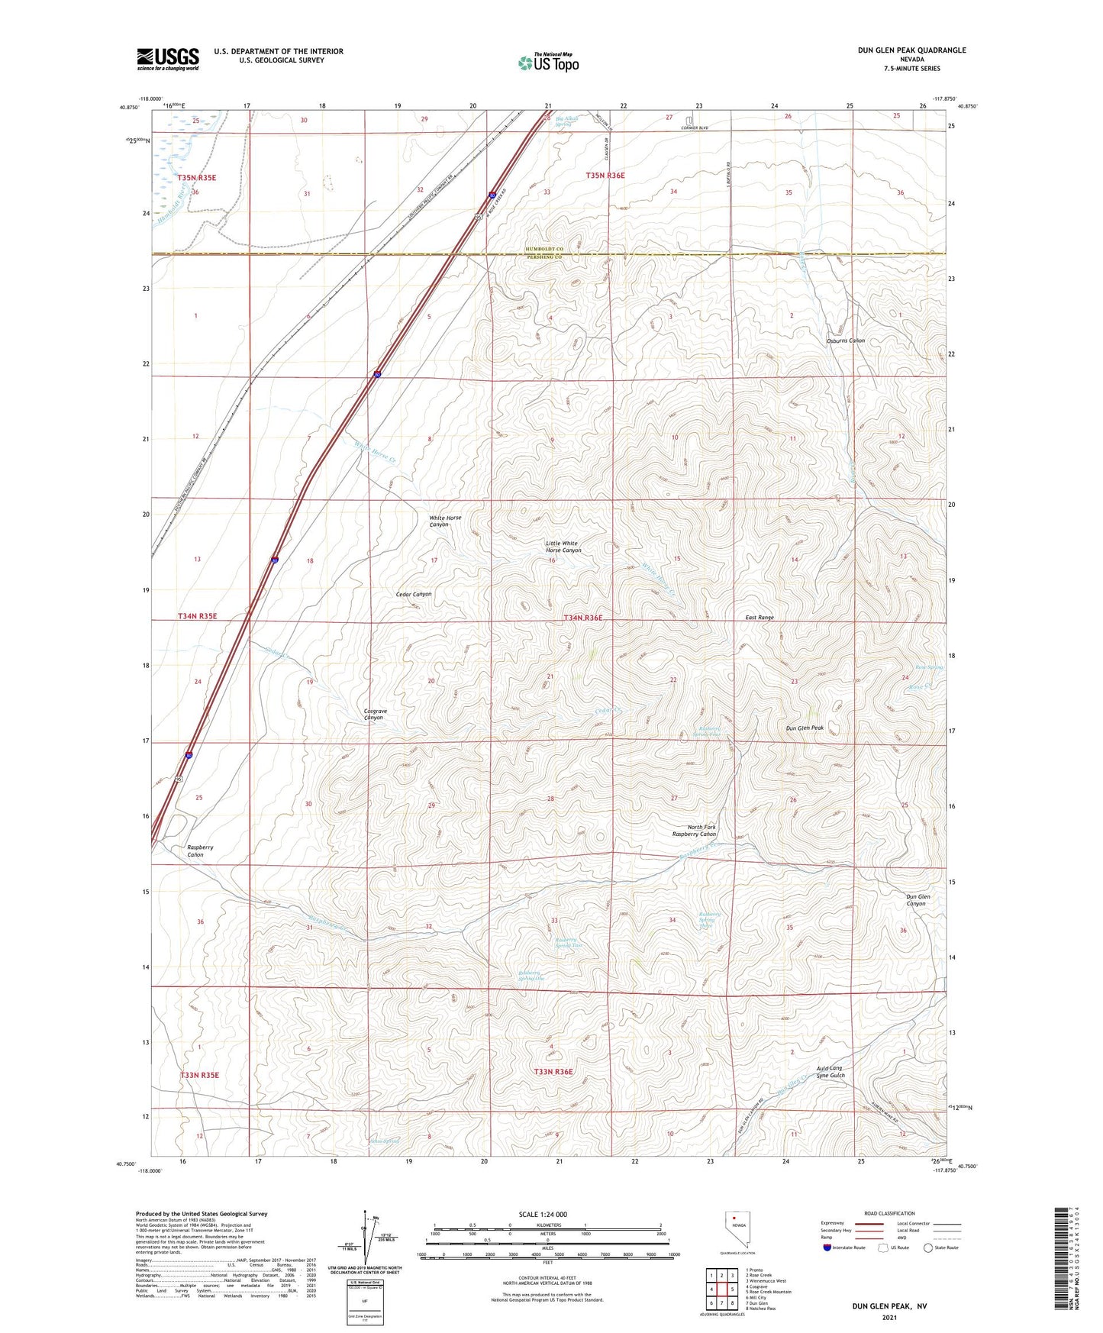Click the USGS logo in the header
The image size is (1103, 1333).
click(168, 59)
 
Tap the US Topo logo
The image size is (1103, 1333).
click(548, 63)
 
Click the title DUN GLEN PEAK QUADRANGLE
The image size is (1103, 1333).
click(911, 50)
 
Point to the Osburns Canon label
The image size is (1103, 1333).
click(845, 341)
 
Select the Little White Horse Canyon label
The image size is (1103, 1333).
click(563, 547)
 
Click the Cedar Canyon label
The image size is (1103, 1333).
click(414, 594)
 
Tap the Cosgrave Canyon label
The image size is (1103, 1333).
click(375, 715)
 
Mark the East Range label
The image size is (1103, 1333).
click(760, 617)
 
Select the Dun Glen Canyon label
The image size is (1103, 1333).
click(917, 900)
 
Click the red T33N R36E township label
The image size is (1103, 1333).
click(553, 1072)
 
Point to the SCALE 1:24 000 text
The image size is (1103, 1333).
click(543, 1215)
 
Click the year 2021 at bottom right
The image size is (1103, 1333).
click(889, 1317)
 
